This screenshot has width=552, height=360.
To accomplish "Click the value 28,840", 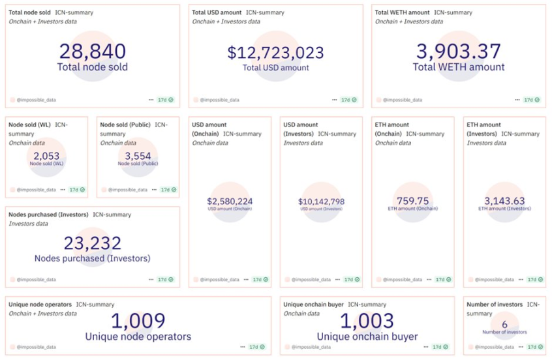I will [92, 51].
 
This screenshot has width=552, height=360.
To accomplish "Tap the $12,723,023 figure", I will [275, 52].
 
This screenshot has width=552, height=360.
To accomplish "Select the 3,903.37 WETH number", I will [458, 51].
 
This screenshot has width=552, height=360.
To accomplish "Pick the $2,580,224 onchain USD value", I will [230, 201].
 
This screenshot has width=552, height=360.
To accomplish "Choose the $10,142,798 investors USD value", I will [321, 201].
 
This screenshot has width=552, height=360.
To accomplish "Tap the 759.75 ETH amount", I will [412, 201].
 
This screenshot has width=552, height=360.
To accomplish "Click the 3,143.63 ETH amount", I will [504, 201].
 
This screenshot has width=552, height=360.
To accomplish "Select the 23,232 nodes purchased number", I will [92, 243].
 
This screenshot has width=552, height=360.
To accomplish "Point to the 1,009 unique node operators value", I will [138, 321].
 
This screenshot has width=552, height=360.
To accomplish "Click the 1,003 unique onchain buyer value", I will [367, 321].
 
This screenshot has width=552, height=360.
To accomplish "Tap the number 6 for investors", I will [504, 324].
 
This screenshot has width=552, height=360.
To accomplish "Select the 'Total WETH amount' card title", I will [402, 12].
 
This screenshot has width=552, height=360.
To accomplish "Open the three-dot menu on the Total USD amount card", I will [334, 100].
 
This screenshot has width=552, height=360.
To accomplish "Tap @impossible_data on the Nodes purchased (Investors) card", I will [37, 280].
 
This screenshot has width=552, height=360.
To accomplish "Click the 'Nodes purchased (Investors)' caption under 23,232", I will [92, 258].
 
